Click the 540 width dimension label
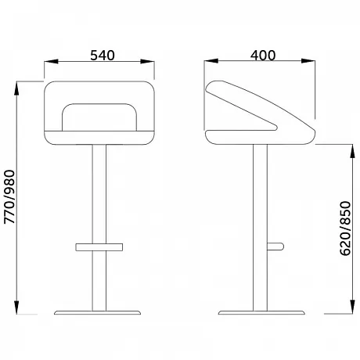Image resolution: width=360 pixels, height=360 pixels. click(103, 56)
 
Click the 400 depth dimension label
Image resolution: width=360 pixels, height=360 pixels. click(263, 56)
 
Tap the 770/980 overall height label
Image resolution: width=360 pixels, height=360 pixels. click(10, 197)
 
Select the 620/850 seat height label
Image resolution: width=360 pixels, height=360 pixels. click(346, 229)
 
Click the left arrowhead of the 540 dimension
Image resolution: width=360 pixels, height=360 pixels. click(51, 62)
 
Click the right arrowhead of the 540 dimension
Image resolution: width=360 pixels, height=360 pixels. click(147, 62)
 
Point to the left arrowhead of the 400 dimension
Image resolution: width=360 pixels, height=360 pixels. click(211, 61)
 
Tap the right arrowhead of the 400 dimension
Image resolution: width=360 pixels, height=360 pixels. click(308, 61)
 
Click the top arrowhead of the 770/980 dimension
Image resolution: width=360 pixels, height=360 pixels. click(16, 88)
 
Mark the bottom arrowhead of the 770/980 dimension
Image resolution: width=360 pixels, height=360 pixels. click(16, 308)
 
